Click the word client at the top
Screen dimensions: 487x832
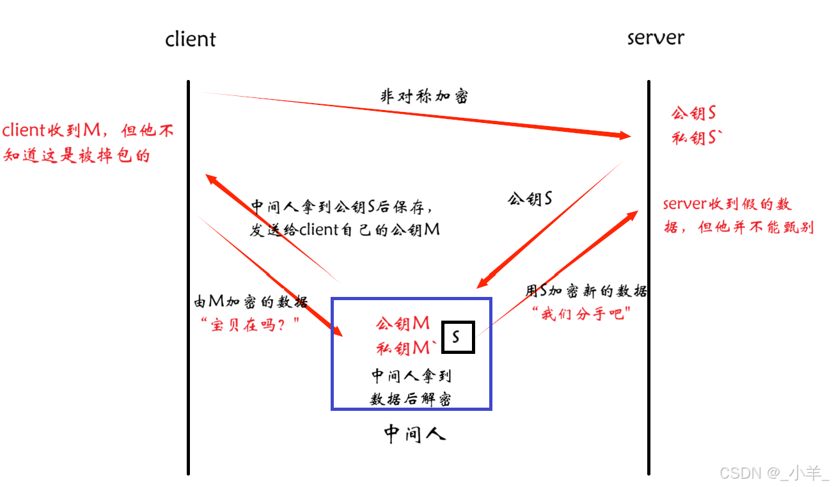click(x=190, y=39)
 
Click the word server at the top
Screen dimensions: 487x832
click(x=655, y=38)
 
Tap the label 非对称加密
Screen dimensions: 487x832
click(x=424, y=97)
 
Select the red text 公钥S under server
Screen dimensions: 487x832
click(x=693, y=114)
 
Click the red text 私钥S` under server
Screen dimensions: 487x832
click(x=696, y=137)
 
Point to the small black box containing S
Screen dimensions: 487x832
click(x=456, y=337)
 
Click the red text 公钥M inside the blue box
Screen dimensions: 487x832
click(x=403, y=324)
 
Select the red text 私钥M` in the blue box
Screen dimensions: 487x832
click(x=407, y=348)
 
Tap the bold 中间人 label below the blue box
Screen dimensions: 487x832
click(x=414, y=435)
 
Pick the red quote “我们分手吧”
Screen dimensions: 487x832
click(x=582, y=314)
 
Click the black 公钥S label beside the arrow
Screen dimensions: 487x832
click(x=530, y=199)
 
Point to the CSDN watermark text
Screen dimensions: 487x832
click(x=773, y=473)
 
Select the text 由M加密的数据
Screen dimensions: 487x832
click(x=251, y=302)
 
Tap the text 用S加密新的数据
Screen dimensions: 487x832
click(x=586, y=292)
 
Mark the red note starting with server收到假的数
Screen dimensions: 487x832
click(x=738, y=216)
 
